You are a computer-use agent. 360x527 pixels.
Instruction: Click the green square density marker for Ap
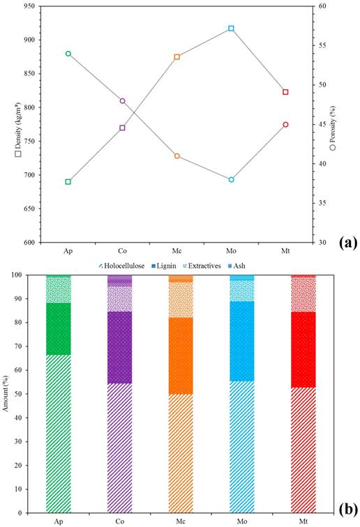pos(68,181)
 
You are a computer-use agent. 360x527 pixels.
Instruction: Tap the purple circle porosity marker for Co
pos(123,101)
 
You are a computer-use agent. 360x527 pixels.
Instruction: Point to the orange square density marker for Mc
pos(177,56)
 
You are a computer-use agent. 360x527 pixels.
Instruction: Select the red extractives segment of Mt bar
pos(303,295)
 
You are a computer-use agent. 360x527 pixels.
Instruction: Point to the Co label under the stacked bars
pos(119,521)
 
